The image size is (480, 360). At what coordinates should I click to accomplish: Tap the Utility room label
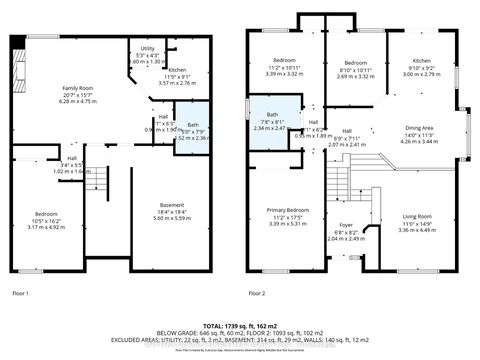coord(147,48)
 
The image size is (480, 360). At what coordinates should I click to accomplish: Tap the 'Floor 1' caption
coord(21,293)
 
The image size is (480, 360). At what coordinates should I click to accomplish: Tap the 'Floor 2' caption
coord(260,293)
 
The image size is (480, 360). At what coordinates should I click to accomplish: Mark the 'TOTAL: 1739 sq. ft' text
coord(240,327)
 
